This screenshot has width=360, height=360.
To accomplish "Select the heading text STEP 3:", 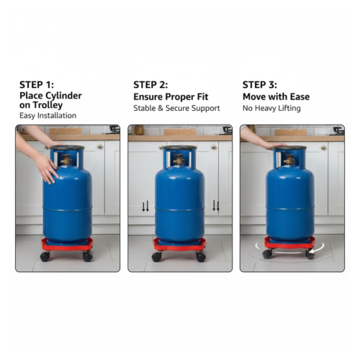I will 261,84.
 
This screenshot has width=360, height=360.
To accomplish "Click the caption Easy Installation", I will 48,115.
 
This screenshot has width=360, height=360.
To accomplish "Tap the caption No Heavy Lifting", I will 271,107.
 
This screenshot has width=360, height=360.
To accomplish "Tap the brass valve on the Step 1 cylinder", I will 66,160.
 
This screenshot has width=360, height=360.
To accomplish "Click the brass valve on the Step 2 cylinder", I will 179,160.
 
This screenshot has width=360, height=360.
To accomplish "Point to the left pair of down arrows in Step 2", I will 145,207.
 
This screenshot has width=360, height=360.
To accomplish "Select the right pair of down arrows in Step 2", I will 215,206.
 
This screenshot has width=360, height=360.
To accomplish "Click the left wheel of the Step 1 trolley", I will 45,256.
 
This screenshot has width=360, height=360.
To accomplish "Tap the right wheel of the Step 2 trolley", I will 201,256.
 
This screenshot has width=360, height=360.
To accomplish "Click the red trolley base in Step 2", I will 179,246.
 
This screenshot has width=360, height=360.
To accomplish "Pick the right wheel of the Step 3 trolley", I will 310,254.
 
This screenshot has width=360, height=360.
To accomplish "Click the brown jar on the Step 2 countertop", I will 139,130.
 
